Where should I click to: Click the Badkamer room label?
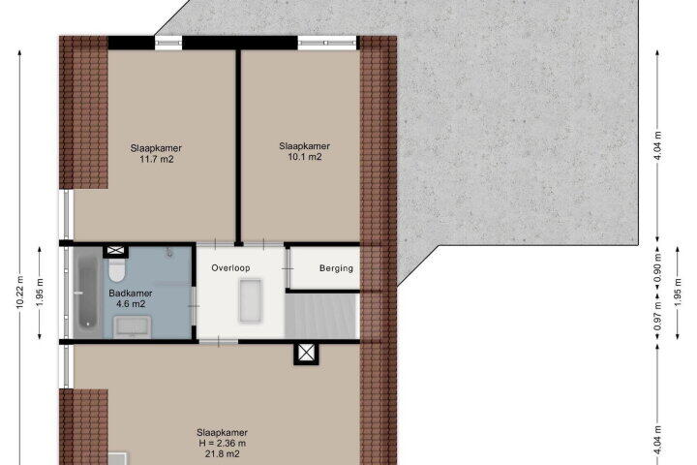click(x=131, y=294)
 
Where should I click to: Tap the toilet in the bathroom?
click(x=117, y=270)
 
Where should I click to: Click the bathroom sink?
click(x=132, y=326)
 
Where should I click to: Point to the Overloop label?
click(x=230, y=268)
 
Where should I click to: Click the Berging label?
click(x=337, y=268)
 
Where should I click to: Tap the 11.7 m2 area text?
click(x=156, y=159)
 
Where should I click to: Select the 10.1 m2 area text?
click(x=305, y=157)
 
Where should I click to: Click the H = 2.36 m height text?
click(x=223, y=443)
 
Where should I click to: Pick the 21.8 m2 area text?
click(x=223, y=454)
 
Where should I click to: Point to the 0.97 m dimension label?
click(x=658, y=316)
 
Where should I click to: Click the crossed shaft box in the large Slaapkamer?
click(x=306, y=354)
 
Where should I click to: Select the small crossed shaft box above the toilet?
click(x=115, y=252)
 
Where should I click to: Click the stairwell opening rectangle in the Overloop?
click(x=251, y=300)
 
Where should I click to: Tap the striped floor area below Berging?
click(x=321, y=316)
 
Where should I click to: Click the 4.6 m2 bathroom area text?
click(x=131, y=304)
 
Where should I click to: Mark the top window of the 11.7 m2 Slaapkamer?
click(x=168, y=43)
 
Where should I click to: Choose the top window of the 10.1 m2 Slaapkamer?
click(x=327, y=43)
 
